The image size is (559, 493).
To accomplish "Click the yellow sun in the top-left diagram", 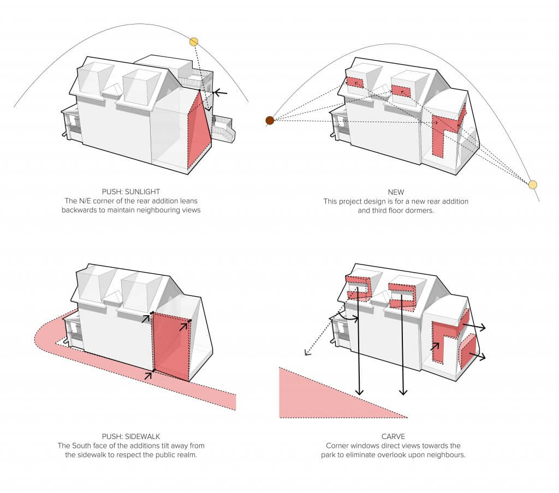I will pos(194,41).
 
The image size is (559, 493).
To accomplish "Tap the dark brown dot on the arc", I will pos(270,121).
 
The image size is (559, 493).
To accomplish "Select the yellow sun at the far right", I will pos(533,185).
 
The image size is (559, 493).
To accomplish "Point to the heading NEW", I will pos(395,191).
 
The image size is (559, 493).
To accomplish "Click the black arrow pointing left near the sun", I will pos(219,93).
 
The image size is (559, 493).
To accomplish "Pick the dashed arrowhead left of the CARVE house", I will pos(307,354).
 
